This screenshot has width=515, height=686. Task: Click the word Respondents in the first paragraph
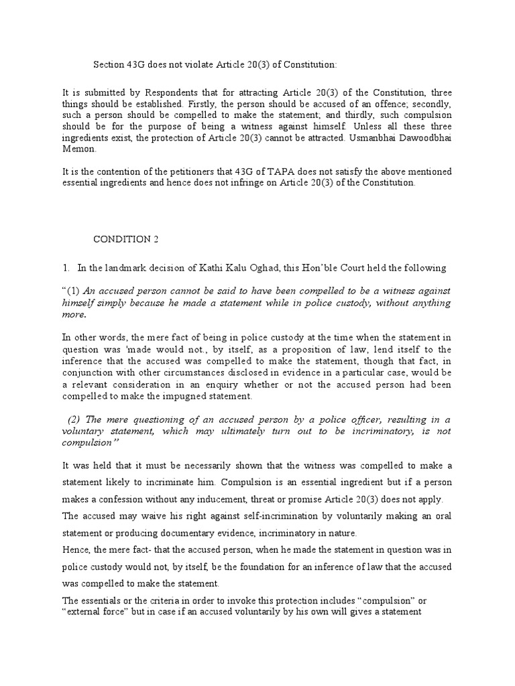point(171,92)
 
